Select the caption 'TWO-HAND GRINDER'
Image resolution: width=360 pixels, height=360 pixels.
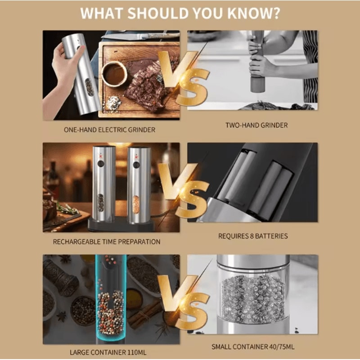(x=256, y=126)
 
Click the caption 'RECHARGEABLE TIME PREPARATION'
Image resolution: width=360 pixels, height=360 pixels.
(x=107, y=242)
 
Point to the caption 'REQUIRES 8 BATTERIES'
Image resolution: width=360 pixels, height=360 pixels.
(x=253, y=236)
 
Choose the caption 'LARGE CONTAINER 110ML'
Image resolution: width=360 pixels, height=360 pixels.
(x=108, y=352)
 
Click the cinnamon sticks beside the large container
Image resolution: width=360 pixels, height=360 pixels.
(x=144, y=313)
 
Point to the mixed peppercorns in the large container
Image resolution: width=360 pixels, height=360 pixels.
(x=109, y=310)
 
